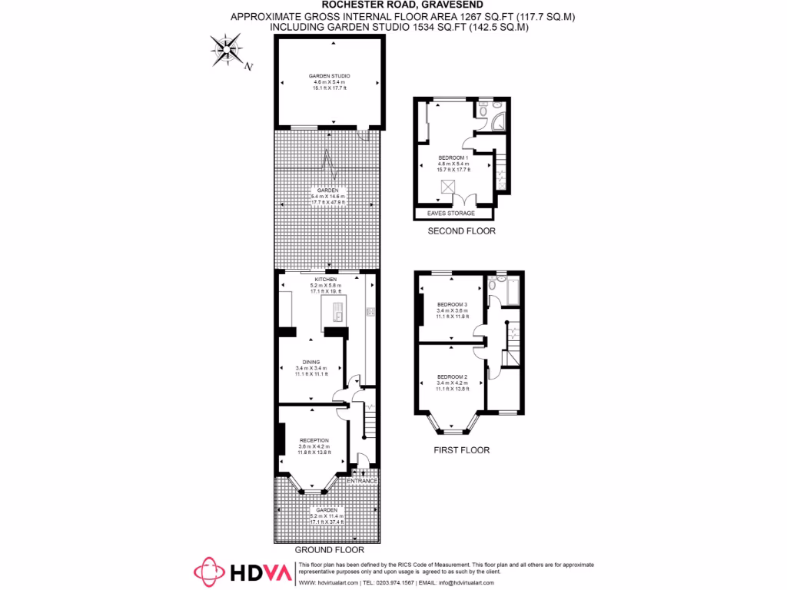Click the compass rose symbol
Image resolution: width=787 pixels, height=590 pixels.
[x=227, y=52]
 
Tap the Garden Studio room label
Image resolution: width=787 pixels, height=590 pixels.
[x=330, y=76]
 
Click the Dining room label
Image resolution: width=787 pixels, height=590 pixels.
[x=310, y=362]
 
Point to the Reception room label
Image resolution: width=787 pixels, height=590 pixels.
[x=314, y=440]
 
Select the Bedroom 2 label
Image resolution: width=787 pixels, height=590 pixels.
[x=452, y=376]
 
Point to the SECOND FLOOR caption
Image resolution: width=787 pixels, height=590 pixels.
[x=462, y=230]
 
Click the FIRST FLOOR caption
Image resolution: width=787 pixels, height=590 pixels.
[x=462, y=450]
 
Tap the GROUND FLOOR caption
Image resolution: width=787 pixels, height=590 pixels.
[x=329, y=550]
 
